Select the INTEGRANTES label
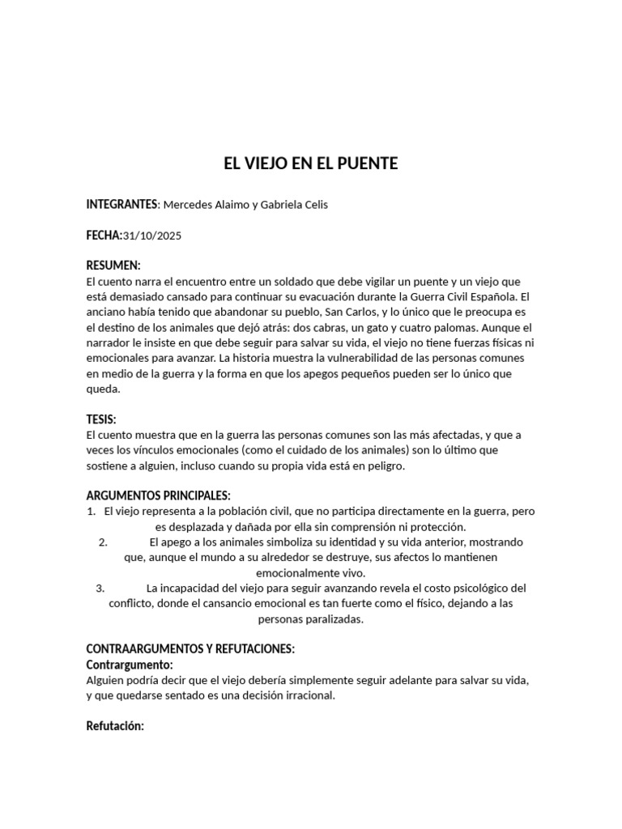pos(121,205)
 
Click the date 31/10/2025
pos(154,236)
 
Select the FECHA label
pos(103,236)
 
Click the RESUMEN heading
pos(113,266)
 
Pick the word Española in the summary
pos(496,297)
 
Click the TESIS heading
pos(101,419)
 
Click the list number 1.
pos(91,512)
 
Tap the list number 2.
pos(103,542)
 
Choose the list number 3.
pos(100,589)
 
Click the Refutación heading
pos(115,726)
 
